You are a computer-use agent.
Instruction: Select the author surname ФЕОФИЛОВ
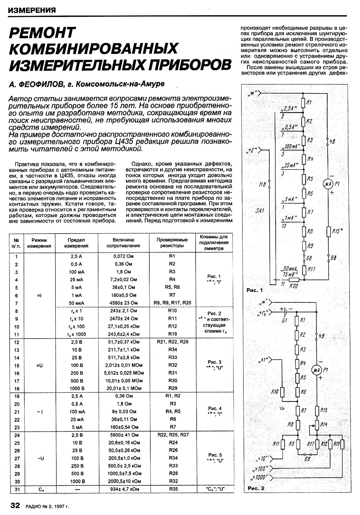pos(36,84)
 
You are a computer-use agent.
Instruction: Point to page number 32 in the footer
pos(16,505)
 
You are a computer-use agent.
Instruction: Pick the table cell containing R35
pos(173,489)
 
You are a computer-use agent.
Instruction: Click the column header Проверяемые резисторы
pos(172,242)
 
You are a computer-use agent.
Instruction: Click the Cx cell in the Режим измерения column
pos(39,489)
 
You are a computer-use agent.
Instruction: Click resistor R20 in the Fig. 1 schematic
pos(294,280)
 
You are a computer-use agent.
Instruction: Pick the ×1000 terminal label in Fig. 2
pos(260,477)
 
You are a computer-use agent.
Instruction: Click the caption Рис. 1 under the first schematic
pos(255,290)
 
